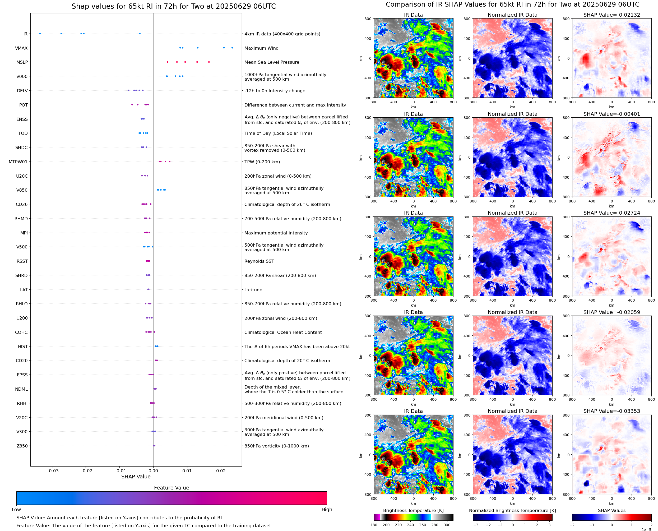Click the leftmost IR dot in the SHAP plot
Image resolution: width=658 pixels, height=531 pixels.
click(40, 34)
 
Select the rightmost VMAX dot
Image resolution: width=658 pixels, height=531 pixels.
click(232, 48)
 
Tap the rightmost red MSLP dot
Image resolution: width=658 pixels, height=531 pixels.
click(209, 62)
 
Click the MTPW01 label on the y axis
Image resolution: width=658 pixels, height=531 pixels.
click(18, 162)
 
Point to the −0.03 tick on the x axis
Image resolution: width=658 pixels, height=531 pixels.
click(52, 471)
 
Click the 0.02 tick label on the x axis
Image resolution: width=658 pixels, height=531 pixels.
click(221, 471)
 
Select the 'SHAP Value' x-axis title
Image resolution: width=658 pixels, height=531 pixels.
click(136, 477)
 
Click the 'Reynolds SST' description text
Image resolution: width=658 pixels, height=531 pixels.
click(259, 261)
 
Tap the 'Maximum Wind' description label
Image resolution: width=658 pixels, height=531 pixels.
click(261, 48)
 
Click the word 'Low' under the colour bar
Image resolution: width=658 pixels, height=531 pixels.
click(16, 510)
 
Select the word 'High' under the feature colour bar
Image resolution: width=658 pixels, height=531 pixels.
click(327, 510)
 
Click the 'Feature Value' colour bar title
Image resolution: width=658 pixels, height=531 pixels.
click(171, 488)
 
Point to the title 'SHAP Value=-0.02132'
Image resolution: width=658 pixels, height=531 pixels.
click(611, 15)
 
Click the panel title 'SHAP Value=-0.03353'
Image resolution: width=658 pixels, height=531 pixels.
click(611, 411)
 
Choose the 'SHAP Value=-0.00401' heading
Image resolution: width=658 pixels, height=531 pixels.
click(611, 114)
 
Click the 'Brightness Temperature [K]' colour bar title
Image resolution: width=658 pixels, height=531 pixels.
click(413, 510)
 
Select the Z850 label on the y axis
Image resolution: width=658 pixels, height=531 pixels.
click(22, 446)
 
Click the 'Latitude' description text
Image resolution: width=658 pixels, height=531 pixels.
click(253, 290)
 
